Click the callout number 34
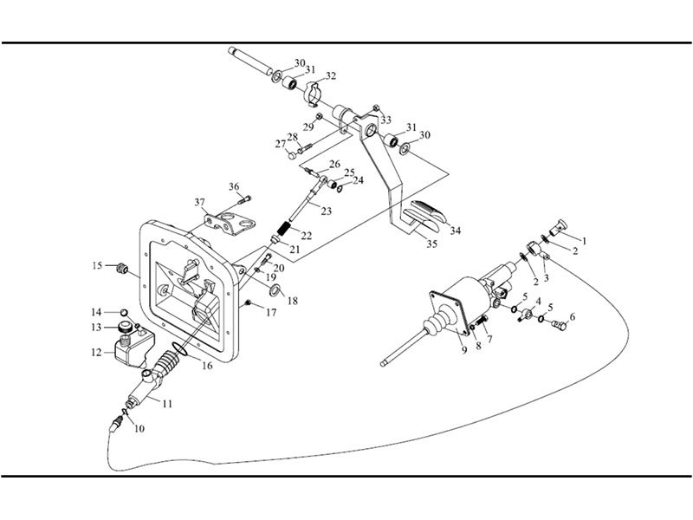coord(454,230)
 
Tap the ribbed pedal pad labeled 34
coord(425,211)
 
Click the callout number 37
coord(200,203)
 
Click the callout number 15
coord(99,264)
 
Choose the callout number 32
coord(331,75)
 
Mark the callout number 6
coord(572,317)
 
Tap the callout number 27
coord(280,144)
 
